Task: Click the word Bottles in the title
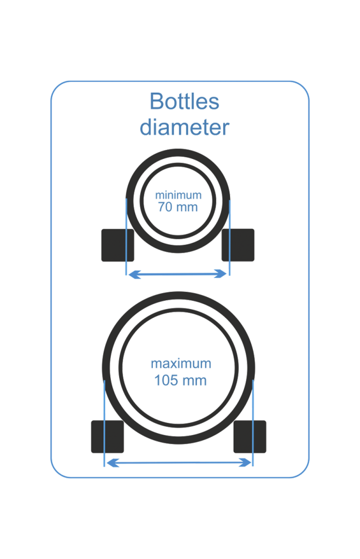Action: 184,101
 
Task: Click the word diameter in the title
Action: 184,127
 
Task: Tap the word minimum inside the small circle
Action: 179,196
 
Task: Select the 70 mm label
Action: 178,207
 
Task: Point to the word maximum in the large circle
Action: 181,363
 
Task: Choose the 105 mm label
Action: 181,381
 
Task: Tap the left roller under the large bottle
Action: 108,436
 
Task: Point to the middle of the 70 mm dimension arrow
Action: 178,274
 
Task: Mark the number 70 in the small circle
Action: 165,207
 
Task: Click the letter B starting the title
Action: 156,101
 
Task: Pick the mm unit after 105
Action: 195,381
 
